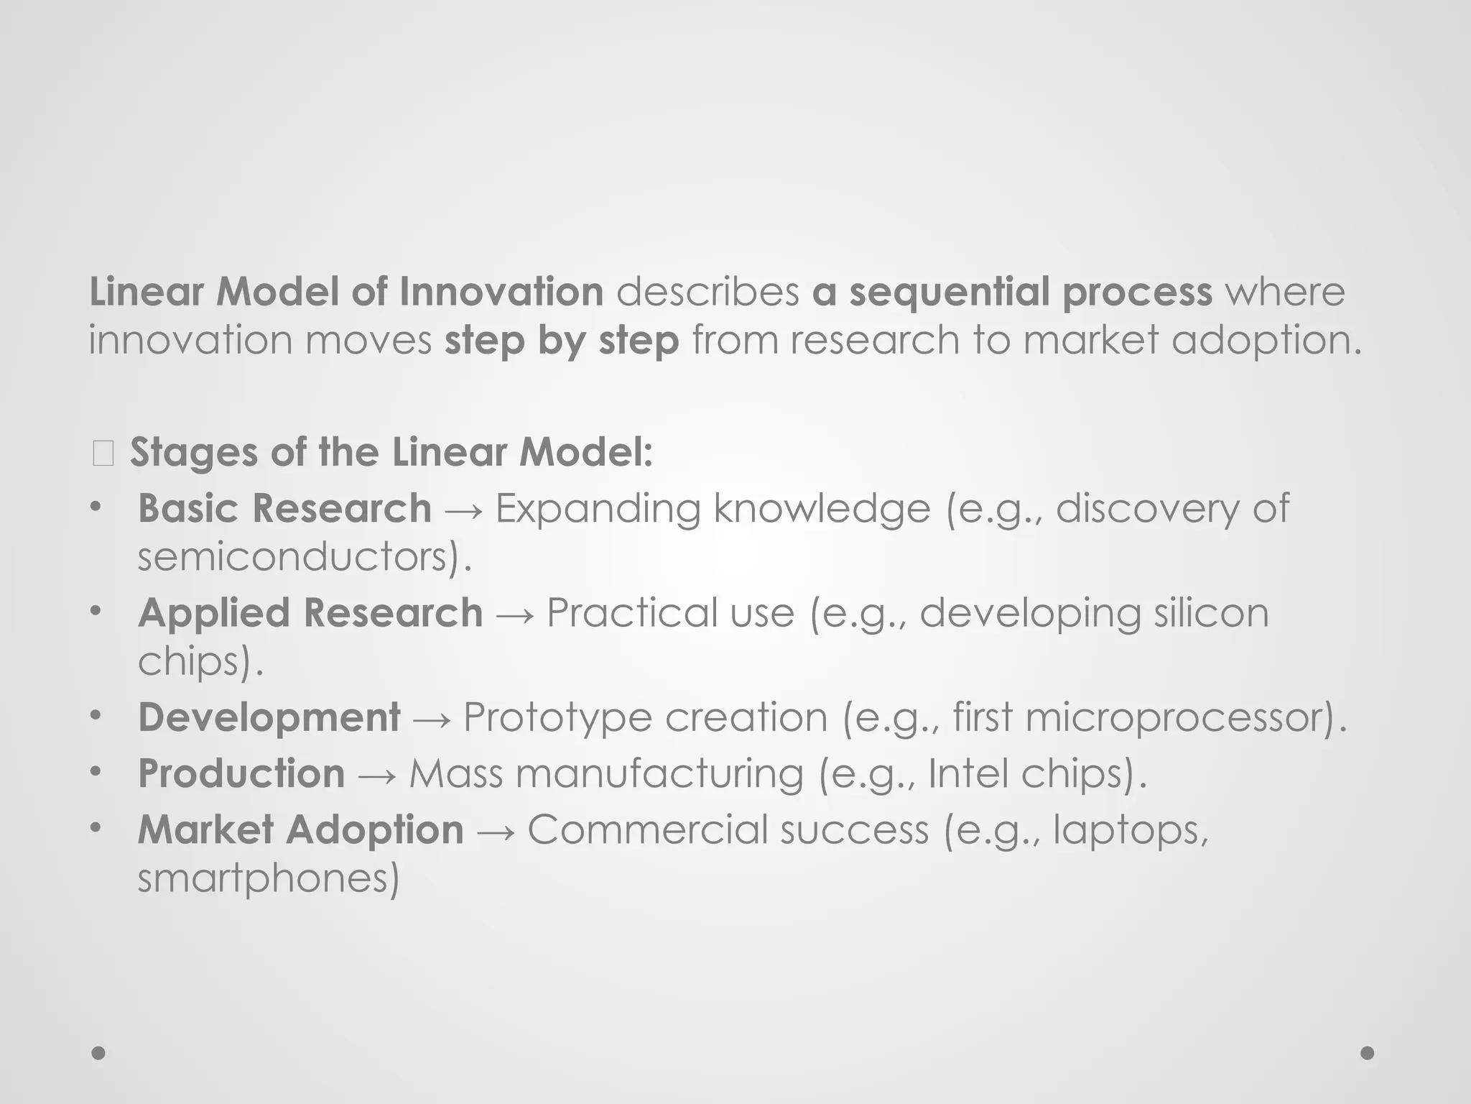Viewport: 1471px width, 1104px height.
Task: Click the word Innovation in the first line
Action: pyautogui.click(x=501, y=292)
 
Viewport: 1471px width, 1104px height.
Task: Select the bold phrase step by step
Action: pyautogui.click(x=562, y=340)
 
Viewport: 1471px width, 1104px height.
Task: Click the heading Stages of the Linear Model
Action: pyautogui.click(x=391, y=453)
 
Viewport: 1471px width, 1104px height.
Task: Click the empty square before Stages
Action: pyautogui.click(x=103, y=454)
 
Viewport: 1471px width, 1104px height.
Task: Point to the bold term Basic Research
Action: pyautogui.click(x=284, y=508)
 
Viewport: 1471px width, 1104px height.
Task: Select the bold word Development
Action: pyautogui.click(x=269, y=717)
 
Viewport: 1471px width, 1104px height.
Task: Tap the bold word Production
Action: pyautogui.click(x=241, y=773)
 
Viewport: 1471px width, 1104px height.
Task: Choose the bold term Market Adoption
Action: pyautogui.click(x=300, y=829)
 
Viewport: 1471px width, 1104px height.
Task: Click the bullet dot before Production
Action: pyautogui.click(x=96, y=772)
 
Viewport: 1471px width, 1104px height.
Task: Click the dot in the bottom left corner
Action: pyautogui.click(x=98, y=1053)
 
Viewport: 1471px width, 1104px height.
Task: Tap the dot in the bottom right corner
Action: pyautogui.click(x=1367, y=1053)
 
